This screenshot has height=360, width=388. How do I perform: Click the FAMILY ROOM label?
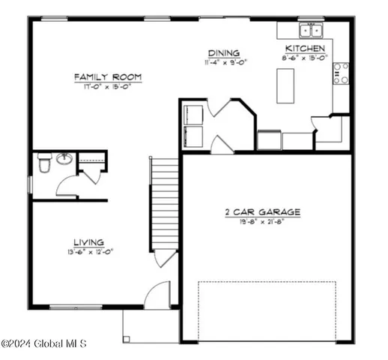pos(108,77)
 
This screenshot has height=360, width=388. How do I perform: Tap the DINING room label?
pos(224,53)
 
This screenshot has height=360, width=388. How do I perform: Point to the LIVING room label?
pos(88,241)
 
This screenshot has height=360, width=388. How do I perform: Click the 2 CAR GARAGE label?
pos(262,212)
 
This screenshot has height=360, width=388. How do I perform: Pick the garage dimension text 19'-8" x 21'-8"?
pos(262,222)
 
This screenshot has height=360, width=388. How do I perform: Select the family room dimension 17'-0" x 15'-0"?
pos(108,86)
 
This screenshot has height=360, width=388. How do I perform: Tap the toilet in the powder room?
pos(43,161)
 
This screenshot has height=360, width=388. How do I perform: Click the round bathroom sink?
pos(64,159)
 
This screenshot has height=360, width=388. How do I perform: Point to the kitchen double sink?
pos(310,31)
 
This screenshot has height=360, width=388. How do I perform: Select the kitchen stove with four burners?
pos(341,73)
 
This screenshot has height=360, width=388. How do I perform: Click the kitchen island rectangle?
pos(285,85)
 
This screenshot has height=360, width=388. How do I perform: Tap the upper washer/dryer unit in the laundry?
pos(193,114)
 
